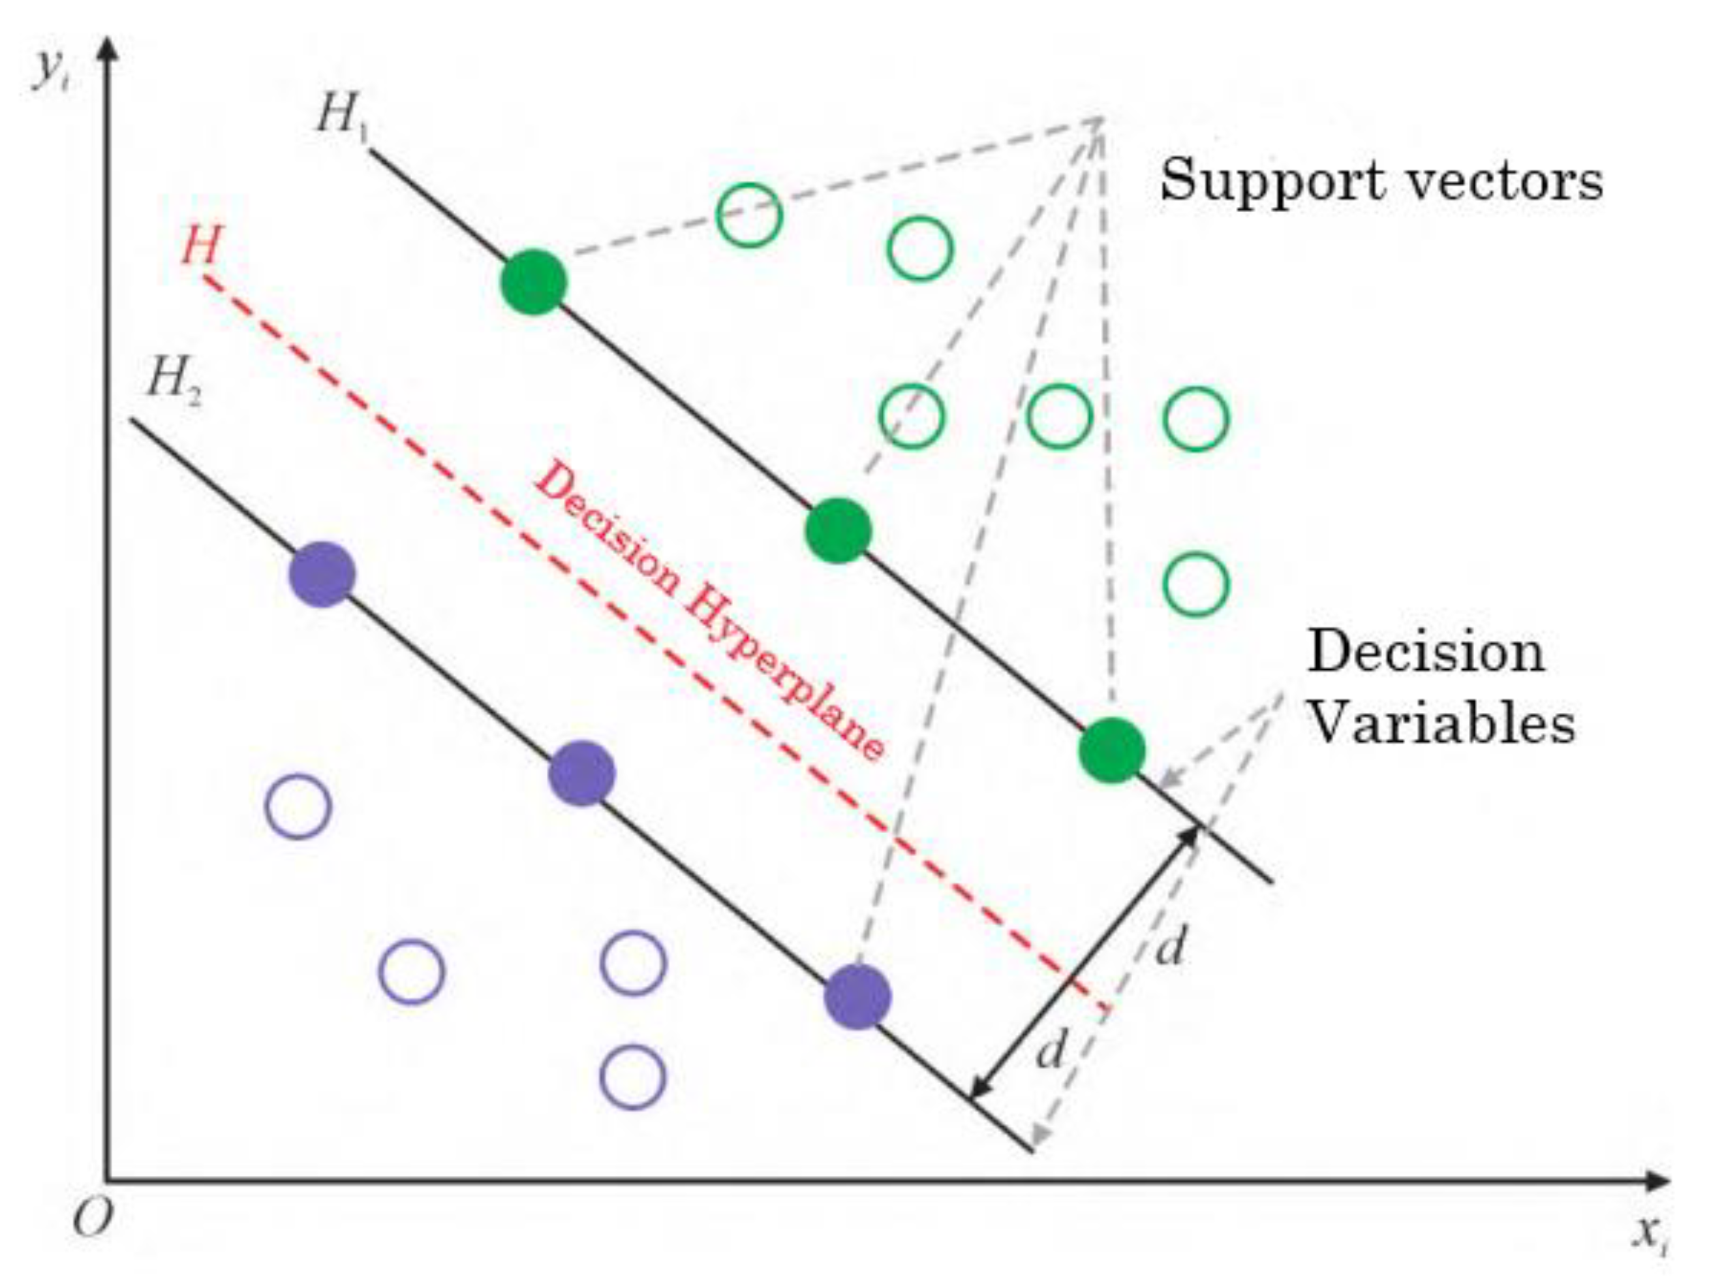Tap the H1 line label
coord(341,118)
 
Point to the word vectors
coord(1495,182)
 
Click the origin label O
coord(92,1220)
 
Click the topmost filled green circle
coord(534,282)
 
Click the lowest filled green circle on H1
coord(1112,750)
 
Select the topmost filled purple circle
coord(322,574)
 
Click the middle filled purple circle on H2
coord(582,774)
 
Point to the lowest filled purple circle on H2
coord(857,997)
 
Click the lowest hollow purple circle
coord(633,1077)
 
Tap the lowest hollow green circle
coord(1195,584)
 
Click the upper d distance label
coord(1171,947)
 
